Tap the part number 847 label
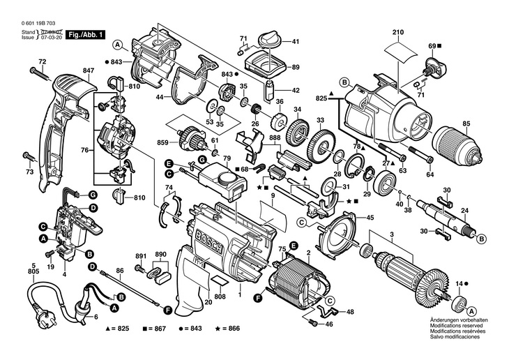point(87,70)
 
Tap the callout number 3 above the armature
point(392,234)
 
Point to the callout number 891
point(140,255)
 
